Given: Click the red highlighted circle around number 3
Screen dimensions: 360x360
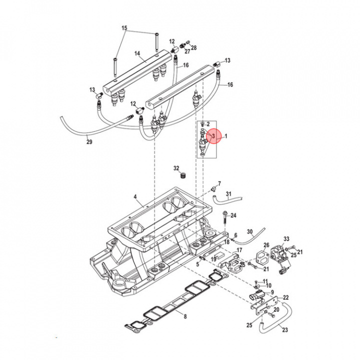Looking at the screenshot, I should click(x=213, y=135).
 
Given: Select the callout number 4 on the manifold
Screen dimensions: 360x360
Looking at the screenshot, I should click(x=135, y=197).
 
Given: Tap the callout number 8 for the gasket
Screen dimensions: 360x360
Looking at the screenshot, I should click(x=184, y=316).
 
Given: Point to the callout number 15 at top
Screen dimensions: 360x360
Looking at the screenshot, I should click(x=124, y=28).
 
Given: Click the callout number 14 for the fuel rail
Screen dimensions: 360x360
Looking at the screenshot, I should click(x=136, y=53).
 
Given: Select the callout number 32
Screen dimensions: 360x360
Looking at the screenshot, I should click(x=176, y=167).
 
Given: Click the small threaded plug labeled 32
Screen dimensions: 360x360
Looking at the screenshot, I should click(x=183, y=176).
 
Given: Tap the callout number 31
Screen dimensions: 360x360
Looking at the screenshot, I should click(x=228, y=194).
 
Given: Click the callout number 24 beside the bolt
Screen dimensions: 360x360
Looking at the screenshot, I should click(x=233, y=215).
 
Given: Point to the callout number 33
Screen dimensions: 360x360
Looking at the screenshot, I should click(x=286, y=239).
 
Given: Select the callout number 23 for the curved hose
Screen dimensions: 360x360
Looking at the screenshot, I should click(x=285, y=330).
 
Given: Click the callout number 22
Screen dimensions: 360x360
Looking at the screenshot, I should click(x=286, y=298).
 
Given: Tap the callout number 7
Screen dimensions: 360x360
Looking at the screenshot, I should click(x=219, y=184).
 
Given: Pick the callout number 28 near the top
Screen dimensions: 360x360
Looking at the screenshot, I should click(x=194, y=47).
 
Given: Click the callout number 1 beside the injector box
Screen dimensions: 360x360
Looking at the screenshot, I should click(x=225, y=135).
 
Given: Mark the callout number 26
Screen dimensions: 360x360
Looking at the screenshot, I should click(x=266, y=245).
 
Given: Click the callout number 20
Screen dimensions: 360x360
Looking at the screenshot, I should click(x=276, y=310).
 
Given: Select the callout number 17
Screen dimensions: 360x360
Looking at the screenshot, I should click(x=239, y=250).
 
